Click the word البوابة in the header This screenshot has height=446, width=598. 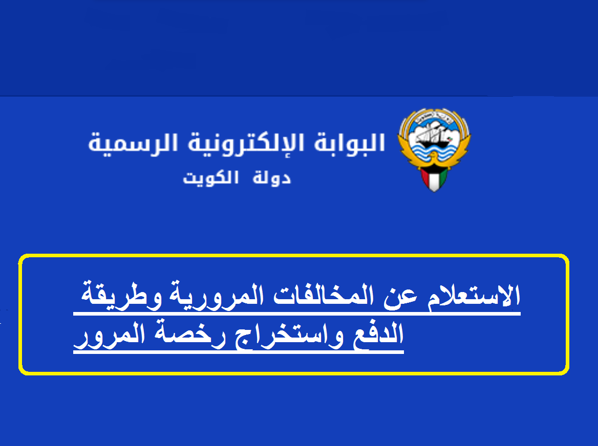[349, 143]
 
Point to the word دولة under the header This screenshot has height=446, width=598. [271, 178]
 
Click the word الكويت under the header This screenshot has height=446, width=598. [210, 178]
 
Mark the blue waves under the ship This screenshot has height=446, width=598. [434, 151]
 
